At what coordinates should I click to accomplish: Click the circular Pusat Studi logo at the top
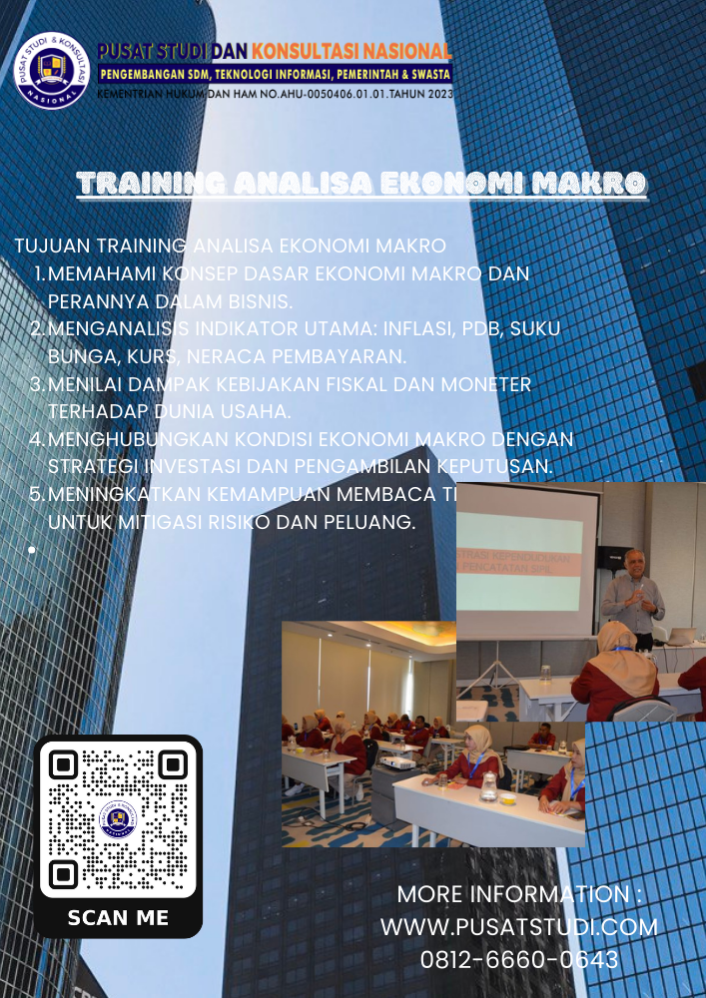52,72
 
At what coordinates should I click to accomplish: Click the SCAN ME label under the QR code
118,917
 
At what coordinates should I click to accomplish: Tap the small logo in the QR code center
118,820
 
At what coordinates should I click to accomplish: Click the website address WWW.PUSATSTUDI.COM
519,926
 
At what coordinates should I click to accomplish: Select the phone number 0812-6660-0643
519,960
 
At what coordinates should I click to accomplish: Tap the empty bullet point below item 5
33,549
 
